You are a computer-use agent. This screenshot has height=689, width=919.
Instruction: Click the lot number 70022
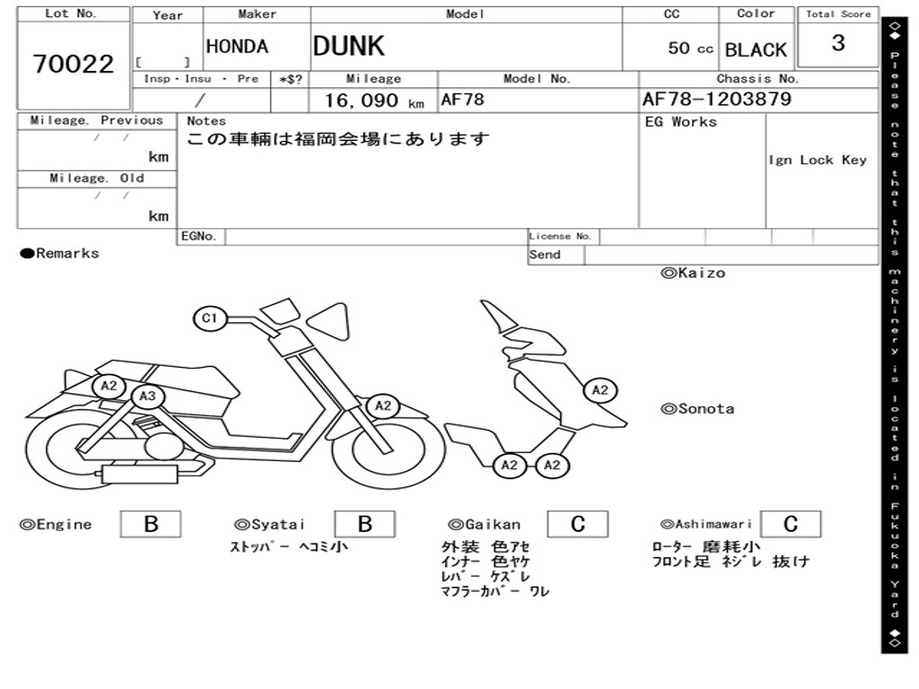coord(74,64)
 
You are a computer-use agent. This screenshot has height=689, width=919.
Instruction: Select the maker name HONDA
coord(237,47)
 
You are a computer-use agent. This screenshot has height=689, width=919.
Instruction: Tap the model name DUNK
coord(349,46)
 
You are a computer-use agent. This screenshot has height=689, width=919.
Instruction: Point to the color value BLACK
coord(756,50)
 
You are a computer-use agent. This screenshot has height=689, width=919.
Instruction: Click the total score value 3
coord(838,43)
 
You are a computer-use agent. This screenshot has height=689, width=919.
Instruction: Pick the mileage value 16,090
coord(362,100)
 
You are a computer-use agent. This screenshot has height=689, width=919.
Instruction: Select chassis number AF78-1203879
coord(717,99)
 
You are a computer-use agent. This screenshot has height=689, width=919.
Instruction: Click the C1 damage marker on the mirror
coord(209,318)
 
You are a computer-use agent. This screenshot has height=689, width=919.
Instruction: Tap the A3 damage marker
coord(147,396)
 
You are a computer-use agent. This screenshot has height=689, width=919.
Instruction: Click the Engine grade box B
coord(151,524)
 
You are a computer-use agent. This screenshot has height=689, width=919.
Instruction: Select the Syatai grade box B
coord(364,524)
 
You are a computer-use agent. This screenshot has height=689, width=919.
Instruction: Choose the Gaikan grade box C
coord(578,524)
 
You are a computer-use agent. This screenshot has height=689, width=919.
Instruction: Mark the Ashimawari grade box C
coord(791,524)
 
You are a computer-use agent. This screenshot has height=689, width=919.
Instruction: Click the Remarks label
coord(60,253)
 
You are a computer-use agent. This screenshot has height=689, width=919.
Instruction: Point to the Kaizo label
coord(694,273)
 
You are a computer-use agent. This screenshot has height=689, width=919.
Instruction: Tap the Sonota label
coord(697,409)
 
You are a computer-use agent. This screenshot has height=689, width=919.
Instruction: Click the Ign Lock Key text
coord(818,160)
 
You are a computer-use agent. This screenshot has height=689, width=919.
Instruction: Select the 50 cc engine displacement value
coord(690,48)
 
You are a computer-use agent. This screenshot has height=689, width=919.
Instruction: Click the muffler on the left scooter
coord(141,474)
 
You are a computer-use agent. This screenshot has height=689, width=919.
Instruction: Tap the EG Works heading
coord(680,122)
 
